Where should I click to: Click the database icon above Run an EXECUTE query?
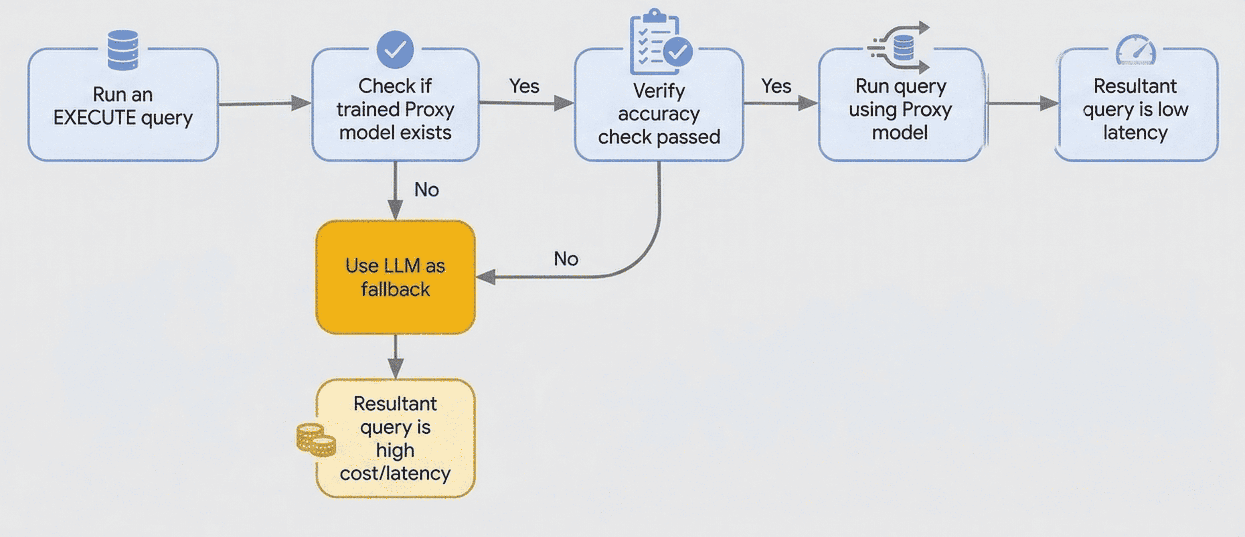pos(123,50)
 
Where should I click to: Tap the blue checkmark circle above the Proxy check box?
pos(395,49)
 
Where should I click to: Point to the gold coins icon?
pos(316,440)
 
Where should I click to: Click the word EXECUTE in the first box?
pos(95,118)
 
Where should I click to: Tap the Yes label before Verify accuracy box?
pos(524,86)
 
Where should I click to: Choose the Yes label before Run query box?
pos(776,86)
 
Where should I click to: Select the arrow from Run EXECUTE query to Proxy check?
pos(265,103)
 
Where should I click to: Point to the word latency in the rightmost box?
pos(1135,133)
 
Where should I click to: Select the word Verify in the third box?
pos(659,91)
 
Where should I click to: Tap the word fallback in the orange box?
pos(395,289)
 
